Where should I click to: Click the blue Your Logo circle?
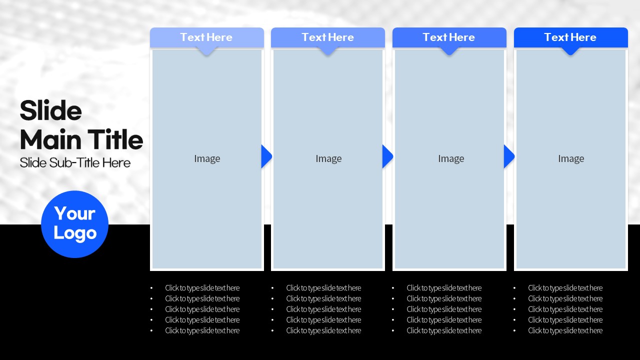pyautogui.click(x=75, y=224)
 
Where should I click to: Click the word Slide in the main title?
pyautogui.click(x=51, y=110)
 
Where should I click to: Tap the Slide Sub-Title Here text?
pyautogui.click(x=75, y=163)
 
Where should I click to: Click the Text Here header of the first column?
pyautogui.click(x=206, y=37)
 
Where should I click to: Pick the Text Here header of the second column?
pyautogui.click(x=327, y=37)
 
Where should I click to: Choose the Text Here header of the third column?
pyautogui.click(x=449, y=37)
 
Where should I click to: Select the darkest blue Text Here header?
pyautogui.click(x=570, y=37)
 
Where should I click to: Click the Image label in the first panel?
pyautogui.click(x=207, y=158)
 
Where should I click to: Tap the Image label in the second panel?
pyautogui.click(x=328, y=158)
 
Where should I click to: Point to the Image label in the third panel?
pyautogui.click(x=451, y=158)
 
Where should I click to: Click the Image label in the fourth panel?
pyautogui.click(x=571, y=158)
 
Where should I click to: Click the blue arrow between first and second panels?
pyautogui.click(x=266, y=156)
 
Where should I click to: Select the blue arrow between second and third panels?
pyautogui.click(x=387, y=156)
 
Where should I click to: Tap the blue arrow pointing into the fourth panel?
pyautogui.click(x=509, y=156)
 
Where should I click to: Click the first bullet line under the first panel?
pyautogui.click(x=202, y=288)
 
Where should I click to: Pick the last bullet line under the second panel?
pyautogui.click(x=323, y=330)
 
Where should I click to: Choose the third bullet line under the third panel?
pyautogui.click(x=444, y=309)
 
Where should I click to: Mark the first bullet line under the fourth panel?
pyautogui.click(x=565, y=288)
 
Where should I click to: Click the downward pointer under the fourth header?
pyautogui.click(x=570, y=51)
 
